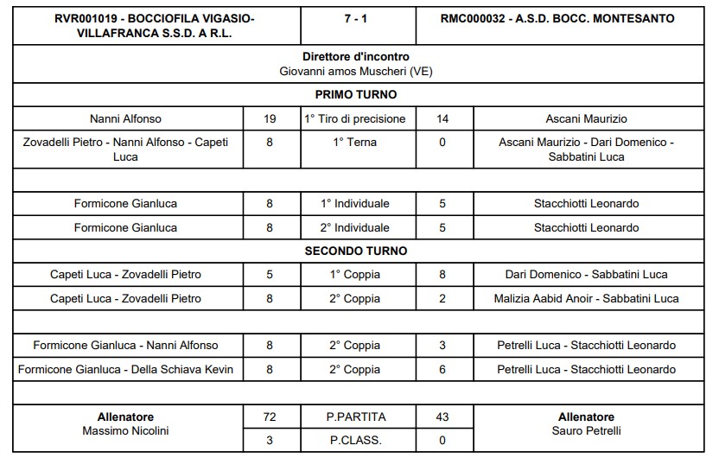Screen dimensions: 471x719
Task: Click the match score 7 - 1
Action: pos(356,18)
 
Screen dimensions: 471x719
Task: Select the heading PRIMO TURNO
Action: pos(356,95)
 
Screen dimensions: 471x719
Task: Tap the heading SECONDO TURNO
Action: pos(356,251)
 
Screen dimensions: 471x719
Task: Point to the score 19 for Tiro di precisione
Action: pos(270,118)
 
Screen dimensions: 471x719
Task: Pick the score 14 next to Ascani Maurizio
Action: pos(442,118)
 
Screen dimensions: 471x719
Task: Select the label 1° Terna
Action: pos(356,142)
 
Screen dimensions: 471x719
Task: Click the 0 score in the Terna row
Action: pos(442,142)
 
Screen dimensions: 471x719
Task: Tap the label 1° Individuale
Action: pos(356,204)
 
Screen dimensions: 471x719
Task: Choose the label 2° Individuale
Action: pos(356,227)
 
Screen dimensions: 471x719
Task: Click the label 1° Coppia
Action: pos(356,275)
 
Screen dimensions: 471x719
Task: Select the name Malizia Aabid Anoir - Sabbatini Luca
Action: pos(587,298)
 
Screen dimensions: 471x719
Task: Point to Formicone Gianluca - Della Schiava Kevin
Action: pos(125,369)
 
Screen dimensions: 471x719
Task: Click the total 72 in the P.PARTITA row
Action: pos(270,417)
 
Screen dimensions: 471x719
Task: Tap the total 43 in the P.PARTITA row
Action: pos(442,417)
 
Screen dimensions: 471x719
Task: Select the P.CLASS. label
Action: pos(356,440)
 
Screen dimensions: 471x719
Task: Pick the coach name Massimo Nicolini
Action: pos(125,430)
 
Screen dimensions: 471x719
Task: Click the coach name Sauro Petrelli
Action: pos(587,430)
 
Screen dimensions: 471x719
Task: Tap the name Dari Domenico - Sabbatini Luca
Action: pos(587,275)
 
